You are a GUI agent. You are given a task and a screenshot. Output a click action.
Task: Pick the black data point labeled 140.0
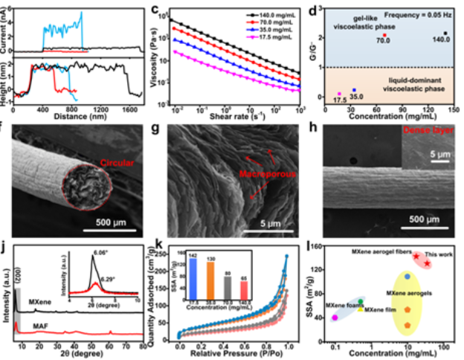[x=445, y=33]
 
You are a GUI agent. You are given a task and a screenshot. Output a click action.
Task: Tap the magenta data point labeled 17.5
[x=340, y=94]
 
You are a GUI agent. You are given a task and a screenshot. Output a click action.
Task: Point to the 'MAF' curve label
[x=39, y=324]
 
